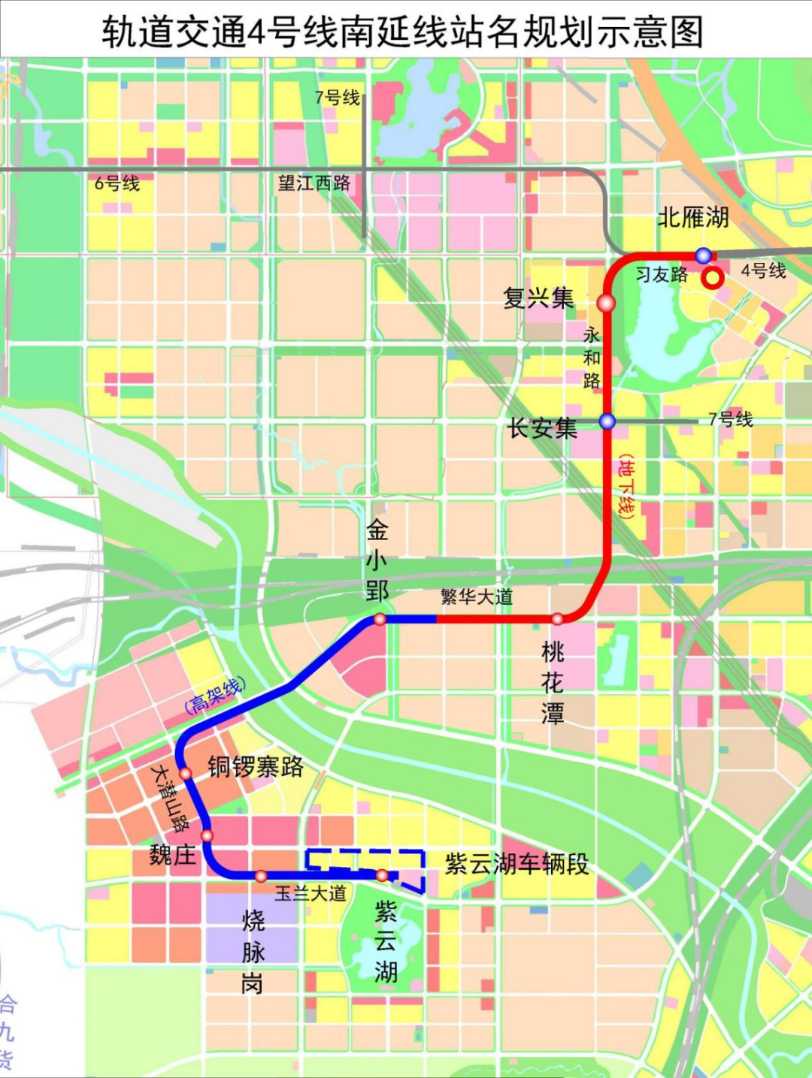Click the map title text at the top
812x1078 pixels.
[x=403, y=32]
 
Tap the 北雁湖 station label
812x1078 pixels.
[x=693, y=217]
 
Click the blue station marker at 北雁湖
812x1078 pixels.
[x=703, y=255]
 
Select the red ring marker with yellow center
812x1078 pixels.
[x=712, y=278]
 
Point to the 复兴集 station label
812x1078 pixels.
[x=538, y=298]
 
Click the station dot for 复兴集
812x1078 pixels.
[x=606, y=303]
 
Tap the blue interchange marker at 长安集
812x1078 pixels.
[x=607, y=421]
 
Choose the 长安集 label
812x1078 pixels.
[x=542, y=428]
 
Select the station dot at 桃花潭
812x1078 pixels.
[x=557, y=619]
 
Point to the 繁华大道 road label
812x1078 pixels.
[x=477, y=597]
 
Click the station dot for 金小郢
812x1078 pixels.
[x=380, y=619]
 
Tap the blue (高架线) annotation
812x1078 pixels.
[x=215, y=695]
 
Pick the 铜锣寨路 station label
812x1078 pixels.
[x=256, y=767]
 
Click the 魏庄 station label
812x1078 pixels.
[x=172, y=854]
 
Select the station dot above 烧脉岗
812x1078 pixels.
[x=261, y=876]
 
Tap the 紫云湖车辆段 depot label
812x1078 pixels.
[x=517, y=864]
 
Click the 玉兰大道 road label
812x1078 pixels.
[x=311, y=893]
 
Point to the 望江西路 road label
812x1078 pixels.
[x=314, y=183]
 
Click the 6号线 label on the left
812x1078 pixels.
[x=117, y=183]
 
